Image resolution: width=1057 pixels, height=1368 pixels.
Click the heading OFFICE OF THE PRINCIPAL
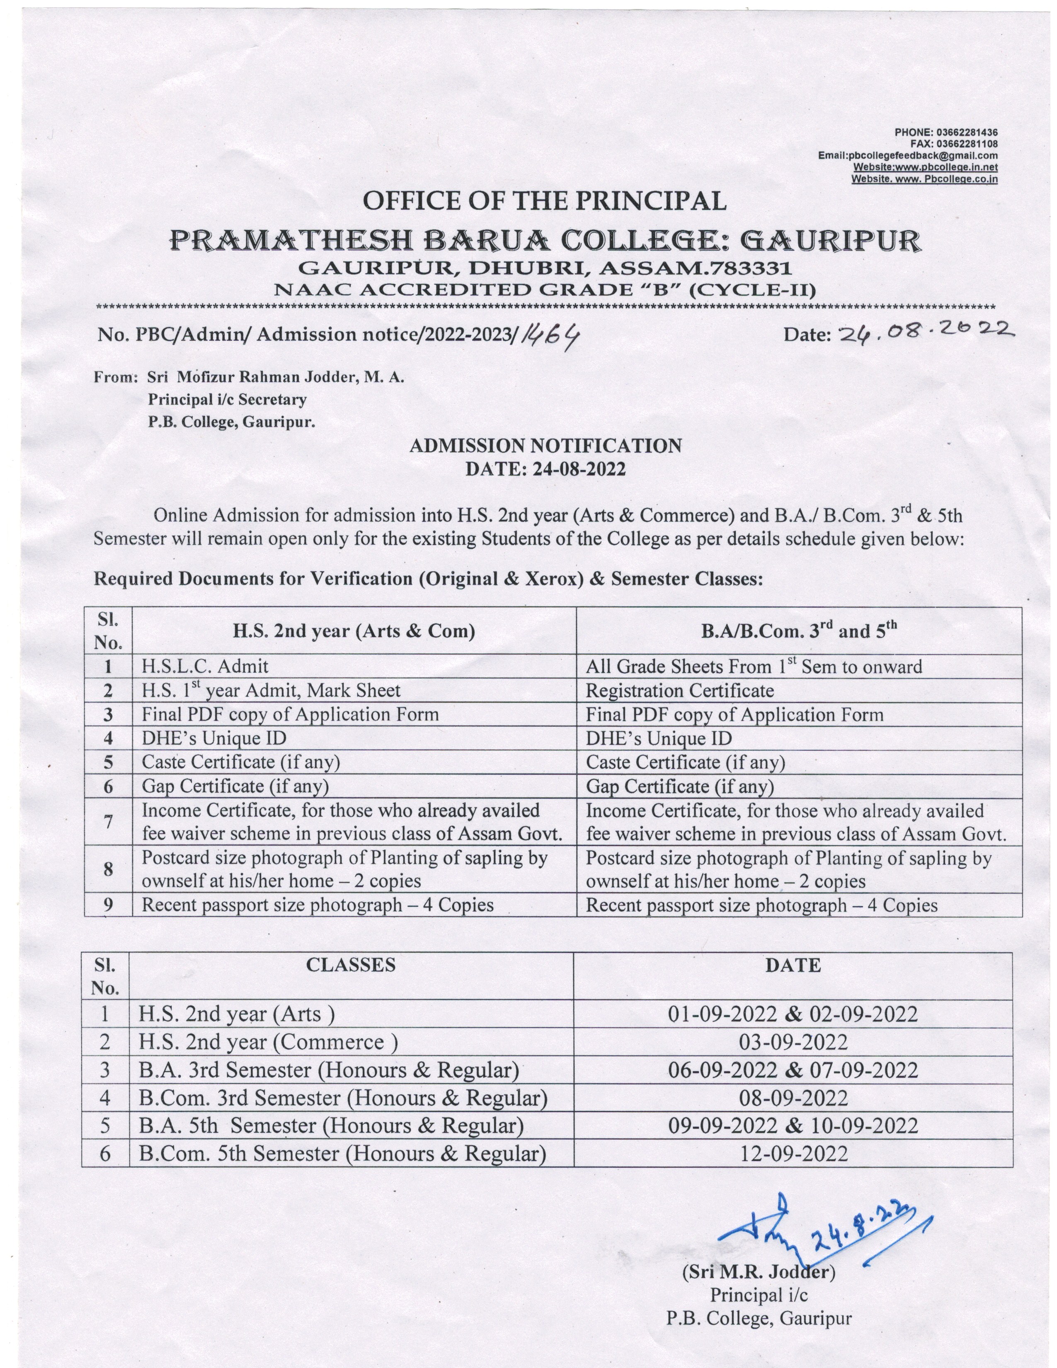(544, 201)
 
